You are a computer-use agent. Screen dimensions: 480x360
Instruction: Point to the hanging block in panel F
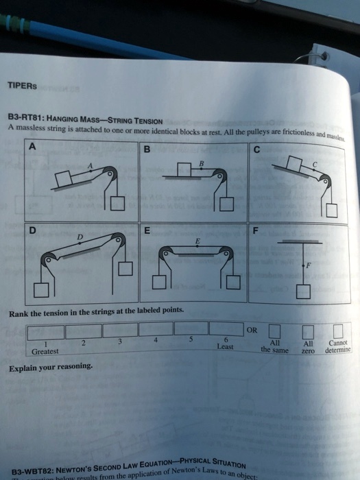pyautogui.click(x=303, y=293)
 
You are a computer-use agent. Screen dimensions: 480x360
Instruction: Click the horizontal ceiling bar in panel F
pyautogui.click(x=302, y=242)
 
